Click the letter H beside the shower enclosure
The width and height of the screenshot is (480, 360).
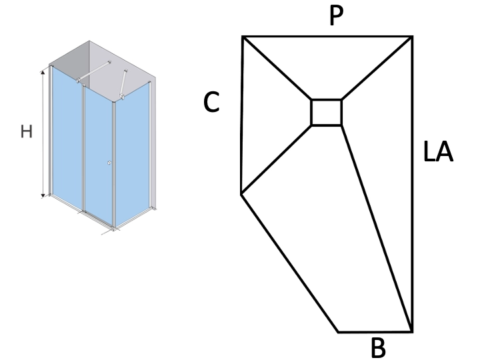tap(27, 131)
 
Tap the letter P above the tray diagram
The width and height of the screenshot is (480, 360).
tap(337, 15)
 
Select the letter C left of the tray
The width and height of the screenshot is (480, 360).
tap(211, 102)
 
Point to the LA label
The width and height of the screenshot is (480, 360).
tap(438, 151)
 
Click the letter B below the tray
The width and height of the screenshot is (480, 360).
tap(379, 348)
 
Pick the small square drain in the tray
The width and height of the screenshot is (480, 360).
tap(326, 113)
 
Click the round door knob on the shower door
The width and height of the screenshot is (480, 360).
tap(109, 163)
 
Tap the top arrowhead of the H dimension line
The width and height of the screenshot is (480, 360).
tap(43, 73)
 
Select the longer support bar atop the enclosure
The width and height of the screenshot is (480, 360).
tap(93, 71)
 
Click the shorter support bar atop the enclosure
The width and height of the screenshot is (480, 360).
tap(124, 85)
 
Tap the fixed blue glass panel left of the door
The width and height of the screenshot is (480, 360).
tap(67, 137)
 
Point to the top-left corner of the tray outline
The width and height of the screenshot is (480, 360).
tap(243, 37)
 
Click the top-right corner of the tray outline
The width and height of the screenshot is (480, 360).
tap(412, 37)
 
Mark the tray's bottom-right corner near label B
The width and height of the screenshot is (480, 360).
tap(412, 331)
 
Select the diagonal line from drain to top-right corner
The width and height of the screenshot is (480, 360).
tap(377, 68)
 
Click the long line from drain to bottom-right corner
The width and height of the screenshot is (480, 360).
tap(377, 228)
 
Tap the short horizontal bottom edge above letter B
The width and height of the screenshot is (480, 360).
tap(375, 331)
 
